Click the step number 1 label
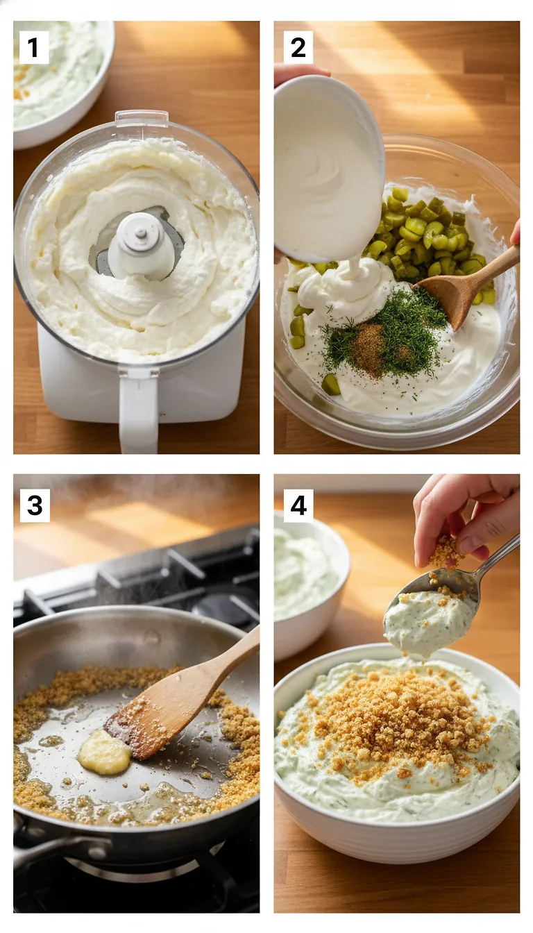pos(33,48)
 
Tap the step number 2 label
pos(298,48)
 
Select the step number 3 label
pos(34,505)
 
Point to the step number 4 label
pos(298,505)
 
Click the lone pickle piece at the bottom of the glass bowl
pos(331,384)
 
